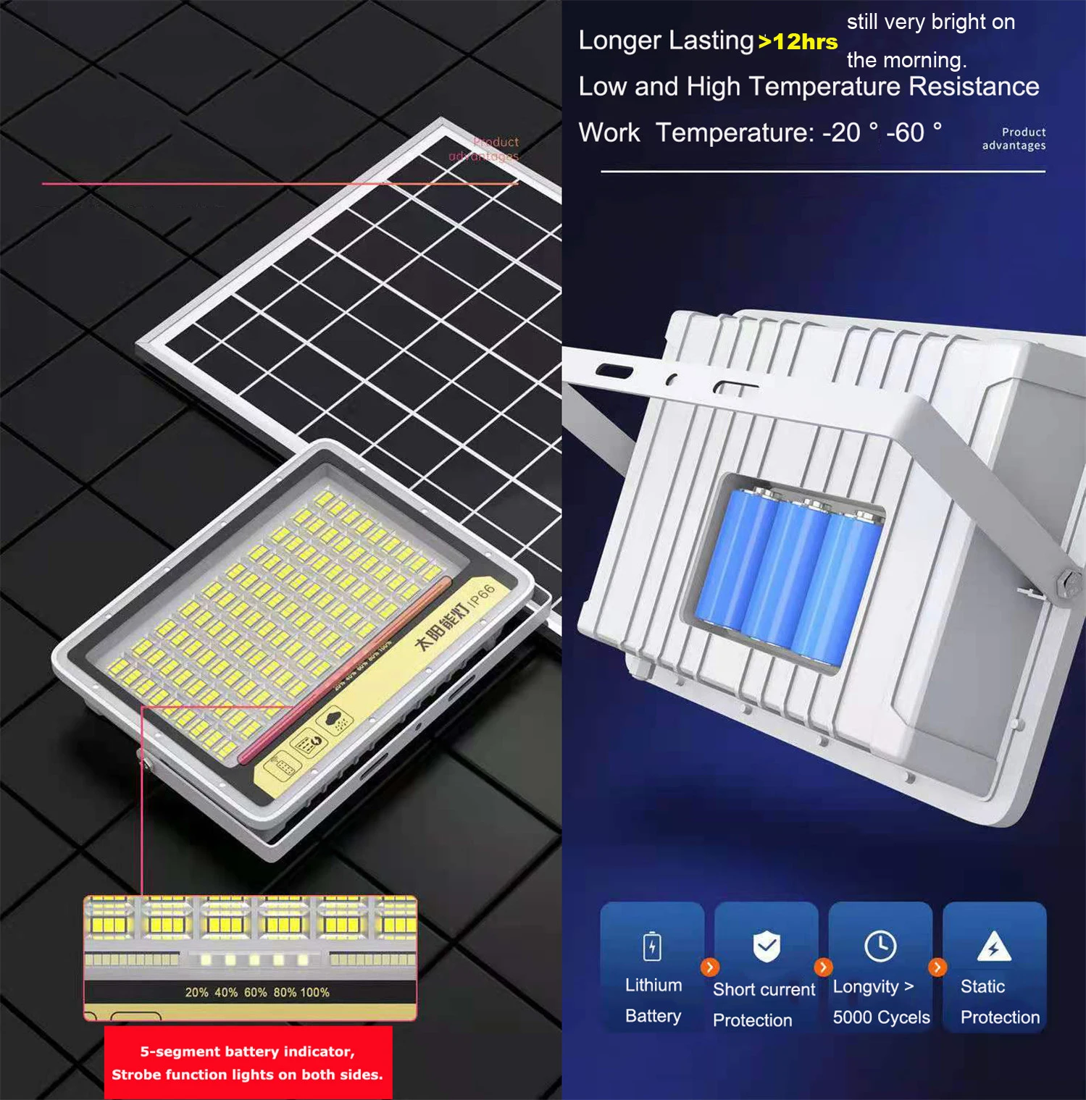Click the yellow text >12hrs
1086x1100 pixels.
tap(798, 42)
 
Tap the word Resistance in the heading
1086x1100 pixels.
tap(974, 87)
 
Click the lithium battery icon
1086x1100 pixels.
tap(652, 946)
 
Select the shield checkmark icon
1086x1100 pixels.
tap(767, 946)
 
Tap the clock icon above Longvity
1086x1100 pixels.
tap(880, 946)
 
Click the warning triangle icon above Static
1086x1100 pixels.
tap(994, 946)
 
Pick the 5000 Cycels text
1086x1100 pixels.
tap(881, 1017)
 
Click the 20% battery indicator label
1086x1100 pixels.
tap(196, 992)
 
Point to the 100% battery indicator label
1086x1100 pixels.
tap(315, 992)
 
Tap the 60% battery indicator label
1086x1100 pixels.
tap(256, 992)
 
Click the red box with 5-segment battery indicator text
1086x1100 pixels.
tap(248, 1062)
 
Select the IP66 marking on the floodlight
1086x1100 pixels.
tap(481, 595)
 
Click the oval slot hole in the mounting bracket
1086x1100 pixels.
tap(614, 371)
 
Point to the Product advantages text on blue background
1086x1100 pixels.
tap(1014, 138)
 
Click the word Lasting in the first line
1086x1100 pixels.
tap(711, 41)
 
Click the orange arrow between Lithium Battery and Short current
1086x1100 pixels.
tap(710, 967)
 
